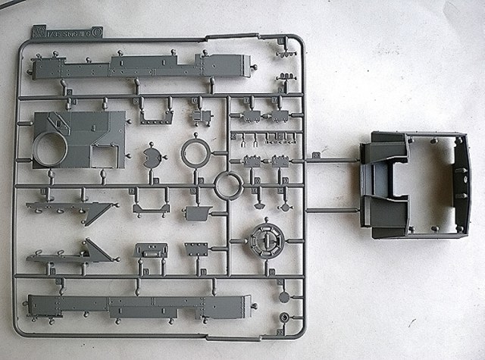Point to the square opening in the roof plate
tap(103, 156)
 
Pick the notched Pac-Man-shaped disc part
tap(152, 157)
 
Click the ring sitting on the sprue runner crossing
tap(228, 184)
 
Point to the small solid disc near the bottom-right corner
tap(283, 297)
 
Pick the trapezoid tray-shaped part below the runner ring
tap(197, 213)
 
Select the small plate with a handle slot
tap(150, 251)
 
